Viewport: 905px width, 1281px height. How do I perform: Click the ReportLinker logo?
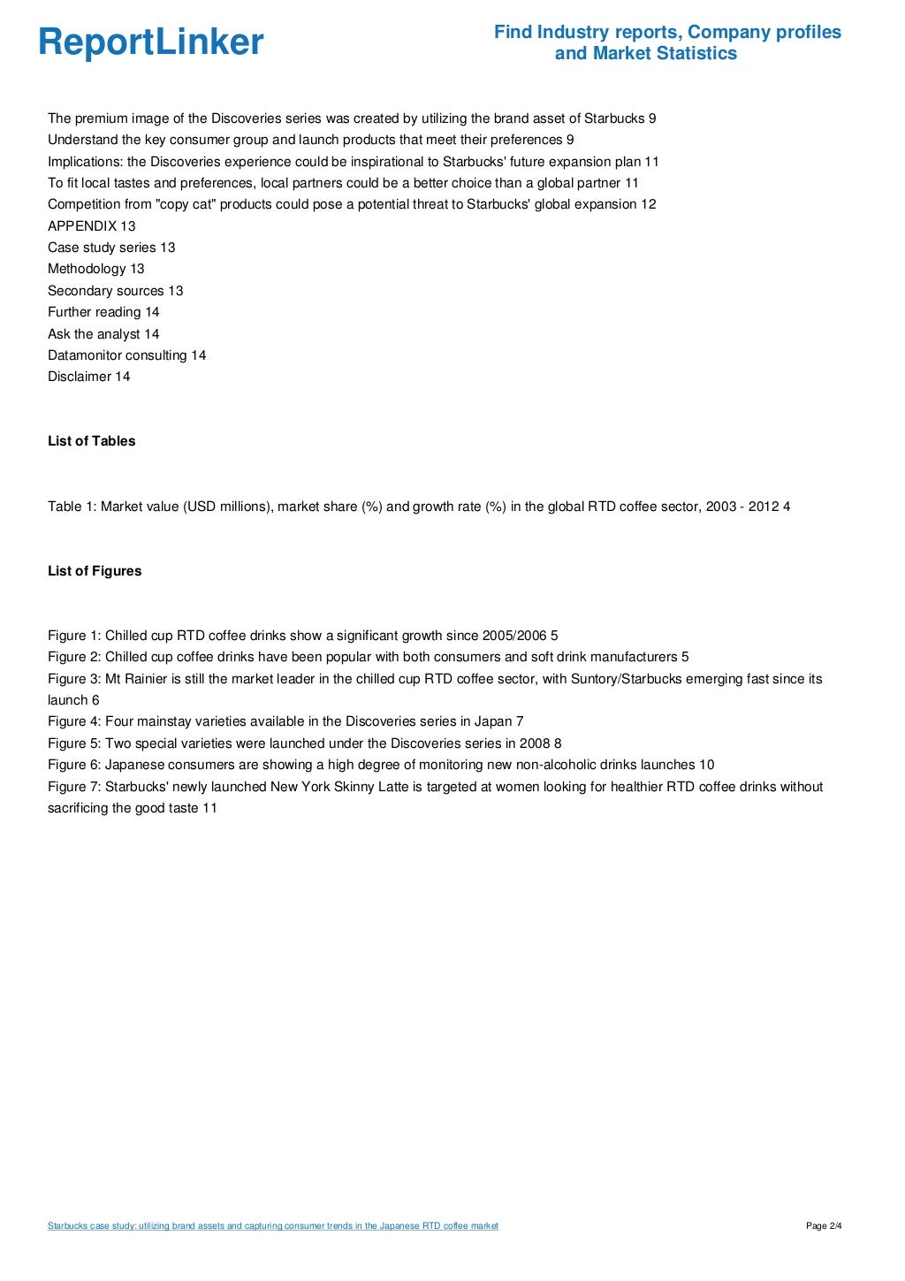pos(150,42)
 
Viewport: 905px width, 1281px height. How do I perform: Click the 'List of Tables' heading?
pos(92,441)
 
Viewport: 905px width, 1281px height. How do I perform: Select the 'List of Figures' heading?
pos(95,571)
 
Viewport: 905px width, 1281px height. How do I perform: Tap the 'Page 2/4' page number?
pos(824,1226)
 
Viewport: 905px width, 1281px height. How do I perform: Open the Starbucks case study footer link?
pos(272,1226)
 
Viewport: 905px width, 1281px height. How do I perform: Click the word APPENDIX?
pos(82,226)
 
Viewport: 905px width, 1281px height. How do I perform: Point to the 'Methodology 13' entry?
pos(95,269)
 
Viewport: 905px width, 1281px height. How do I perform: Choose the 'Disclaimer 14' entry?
pos(88,377)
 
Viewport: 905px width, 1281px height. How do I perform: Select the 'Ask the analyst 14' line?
pos(103,334)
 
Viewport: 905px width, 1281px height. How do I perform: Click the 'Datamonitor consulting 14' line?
pos(126,355)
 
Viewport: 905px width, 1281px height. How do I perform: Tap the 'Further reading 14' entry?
pos(103,312)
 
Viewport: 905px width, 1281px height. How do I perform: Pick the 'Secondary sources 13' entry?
pos(115,291)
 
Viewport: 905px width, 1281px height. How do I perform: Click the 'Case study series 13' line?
pos(111,248)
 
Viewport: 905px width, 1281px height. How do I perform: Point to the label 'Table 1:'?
pos(72,507)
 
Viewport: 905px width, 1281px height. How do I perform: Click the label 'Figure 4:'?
pos(74,721)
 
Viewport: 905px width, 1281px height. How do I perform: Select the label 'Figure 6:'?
pos(74,765)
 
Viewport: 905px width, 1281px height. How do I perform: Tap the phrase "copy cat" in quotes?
pos(186,204)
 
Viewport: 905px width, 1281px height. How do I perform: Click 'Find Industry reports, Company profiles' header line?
pos(667,33)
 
